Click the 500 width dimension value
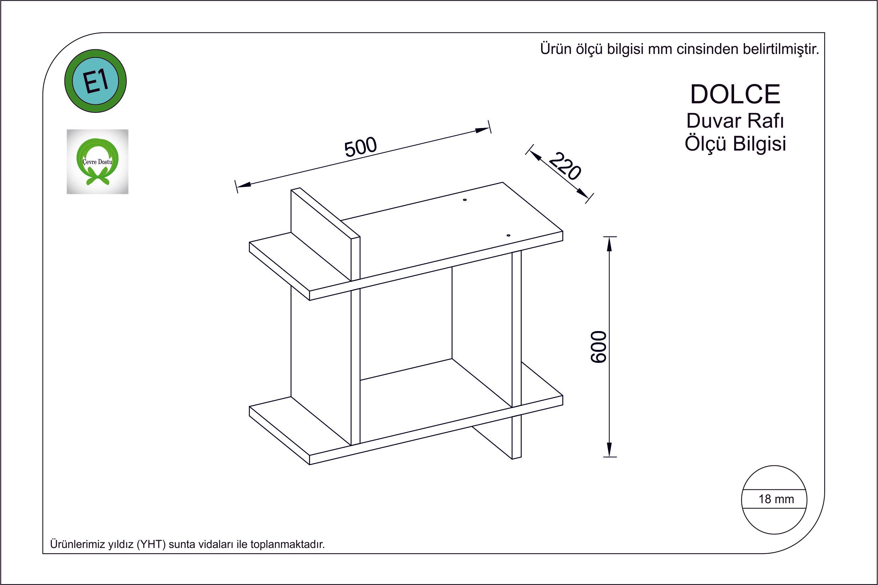point(361,147)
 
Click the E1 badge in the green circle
point(96,81)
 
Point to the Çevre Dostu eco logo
point(97,162)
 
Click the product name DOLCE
point(735,94)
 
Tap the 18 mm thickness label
point(776,499)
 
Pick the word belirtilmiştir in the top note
point(781,49)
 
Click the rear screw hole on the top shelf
point(465,200)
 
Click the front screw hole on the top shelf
point(508,236)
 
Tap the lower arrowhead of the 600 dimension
point(609,450)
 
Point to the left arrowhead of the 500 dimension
point(243,184)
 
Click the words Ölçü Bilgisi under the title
point(735,144)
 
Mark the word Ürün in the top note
point(553,49)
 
